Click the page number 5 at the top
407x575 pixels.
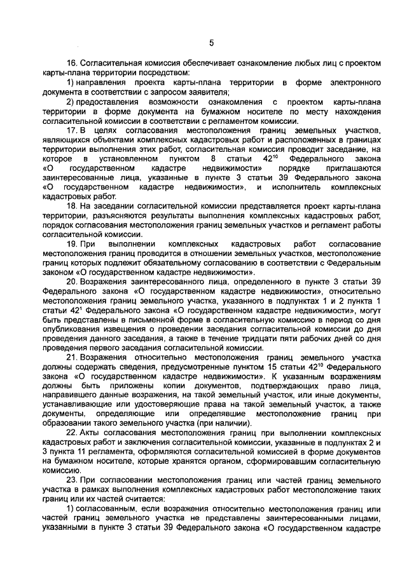click(x=211, y=43)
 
